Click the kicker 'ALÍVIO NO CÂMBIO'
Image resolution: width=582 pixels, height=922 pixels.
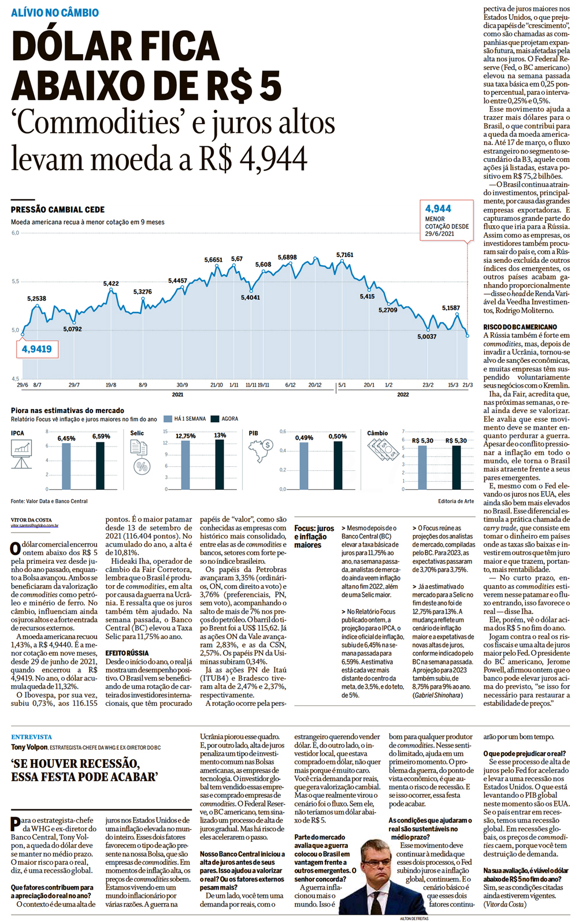coord(55,13)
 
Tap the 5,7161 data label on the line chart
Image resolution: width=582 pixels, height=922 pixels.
coord(345,255)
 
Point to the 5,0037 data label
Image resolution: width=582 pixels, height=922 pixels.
coord(427,336)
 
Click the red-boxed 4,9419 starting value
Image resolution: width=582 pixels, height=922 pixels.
coord(37,349)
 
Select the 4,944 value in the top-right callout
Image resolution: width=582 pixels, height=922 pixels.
coord(438,209)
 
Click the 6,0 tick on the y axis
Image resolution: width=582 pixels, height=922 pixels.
coord(15,233)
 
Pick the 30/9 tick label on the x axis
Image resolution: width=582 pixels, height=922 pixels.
coord(182,385)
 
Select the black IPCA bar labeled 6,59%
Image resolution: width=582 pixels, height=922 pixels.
coord(101,465)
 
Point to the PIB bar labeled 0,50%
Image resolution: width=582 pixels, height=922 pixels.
coord(338,465)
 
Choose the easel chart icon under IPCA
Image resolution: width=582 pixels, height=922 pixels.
coord(21,453)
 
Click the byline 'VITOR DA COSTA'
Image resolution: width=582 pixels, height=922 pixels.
coord(31,520)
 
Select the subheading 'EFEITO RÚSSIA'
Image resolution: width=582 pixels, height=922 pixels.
coord(127,653)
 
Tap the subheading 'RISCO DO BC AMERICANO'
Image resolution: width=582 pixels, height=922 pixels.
coord(520,327)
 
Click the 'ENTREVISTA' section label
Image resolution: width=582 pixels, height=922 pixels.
coord(31,737)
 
